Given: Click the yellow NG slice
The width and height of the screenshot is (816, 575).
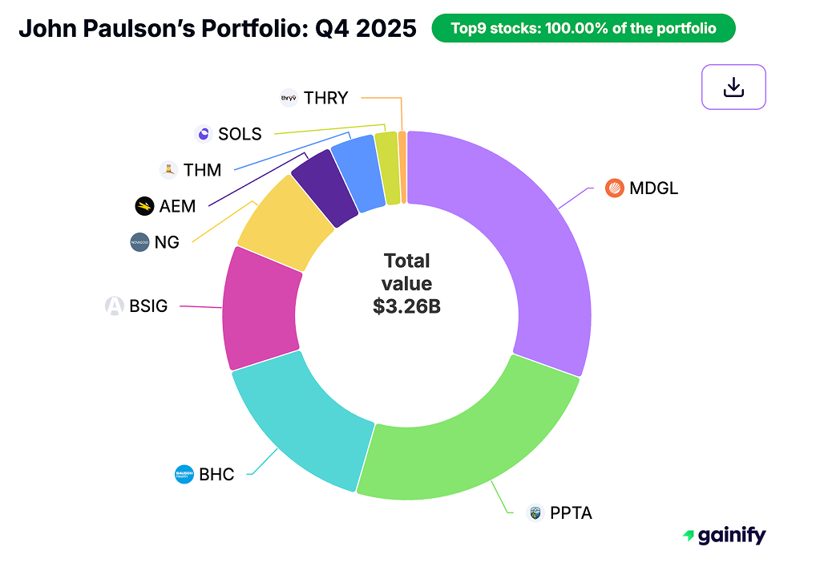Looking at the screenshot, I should [285, 225].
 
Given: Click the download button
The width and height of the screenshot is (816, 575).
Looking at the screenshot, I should [733, 87].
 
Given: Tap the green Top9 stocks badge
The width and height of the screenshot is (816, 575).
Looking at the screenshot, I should [583, 29].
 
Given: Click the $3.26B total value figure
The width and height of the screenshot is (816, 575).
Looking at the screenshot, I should [406, 306].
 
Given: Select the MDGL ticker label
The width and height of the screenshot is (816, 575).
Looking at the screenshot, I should [653, 189].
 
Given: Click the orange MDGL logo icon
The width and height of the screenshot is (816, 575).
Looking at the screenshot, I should [615, 189].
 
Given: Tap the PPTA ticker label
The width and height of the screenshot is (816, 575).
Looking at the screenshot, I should [571, 512].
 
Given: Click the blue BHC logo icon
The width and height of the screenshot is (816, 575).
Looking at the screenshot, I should [184, 474].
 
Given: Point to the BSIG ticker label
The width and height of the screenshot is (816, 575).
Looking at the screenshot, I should [148, 306].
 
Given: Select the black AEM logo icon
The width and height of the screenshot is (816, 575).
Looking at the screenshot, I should [144, 206].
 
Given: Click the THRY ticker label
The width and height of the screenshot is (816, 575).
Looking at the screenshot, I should [326, 98].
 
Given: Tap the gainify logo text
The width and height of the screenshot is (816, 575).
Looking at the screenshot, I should [731, 536].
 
